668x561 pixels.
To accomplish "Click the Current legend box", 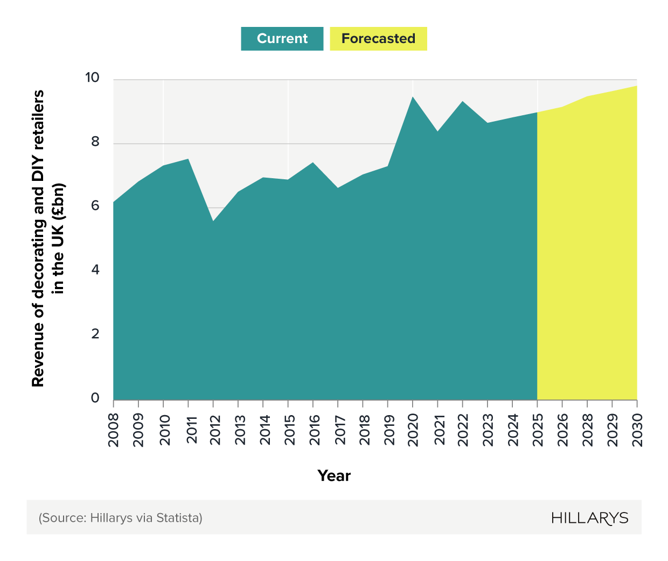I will (x=282, y=39).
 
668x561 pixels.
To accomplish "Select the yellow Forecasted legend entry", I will (x=378, y=39).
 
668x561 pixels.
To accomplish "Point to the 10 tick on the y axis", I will (x=92, y=78).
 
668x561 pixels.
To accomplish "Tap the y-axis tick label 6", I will (x=95, y=206).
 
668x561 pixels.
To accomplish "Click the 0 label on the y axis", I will (x=95, y=398).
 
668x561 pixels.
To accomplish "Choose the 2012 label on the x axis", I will (x=215, y=430).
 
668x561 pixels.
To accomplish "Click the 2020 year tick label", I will (x=413, y=430).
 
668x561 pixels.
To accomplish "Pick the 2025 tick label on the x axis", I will (x=538, y=430).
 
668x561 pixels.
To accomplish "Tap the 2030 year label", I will (x=638, y=430).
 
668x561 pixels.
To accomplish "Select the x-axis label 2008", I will (x=114, y=430).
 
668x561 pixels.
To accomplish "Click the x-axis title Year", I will (x=334, y=476).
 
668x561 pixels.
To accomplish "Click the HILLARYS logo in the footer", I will (x=589, y=518).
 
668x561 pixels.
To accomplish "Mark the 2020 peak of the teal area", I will (x=413, y=97).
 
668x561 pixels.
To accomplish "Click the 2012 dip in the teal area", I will (x=213, y=221).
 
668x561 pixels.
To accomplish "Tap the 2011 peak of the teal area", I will (x=188, y=159).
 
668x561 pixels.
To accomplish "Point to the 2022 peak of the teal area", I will (x=462, y=102).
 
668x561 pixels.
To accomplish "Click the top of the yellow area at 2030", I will (x=636, y=87).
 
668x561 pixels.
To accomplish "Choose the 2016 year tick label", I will (x=314, y=430).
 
